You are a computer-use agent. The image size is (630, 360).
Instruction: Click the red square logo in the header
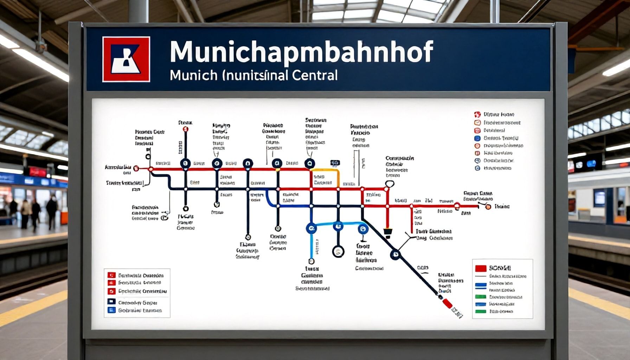[x=126, y=59]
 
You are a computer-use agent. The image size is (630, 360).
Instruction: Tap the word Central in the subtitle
[x=314, y=75]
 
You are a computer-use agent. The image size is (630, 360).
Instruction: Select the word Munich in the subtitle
[x=193, y=75]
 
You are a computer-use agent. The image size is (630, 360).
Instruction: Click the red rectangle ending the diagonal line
[x=447, y=303]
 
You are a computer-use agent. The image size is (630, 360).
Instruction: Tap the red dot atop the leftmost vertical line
[x=186, y=129]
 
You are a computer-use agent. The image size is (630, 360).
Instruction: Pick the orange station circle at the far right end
[x=488, y=207]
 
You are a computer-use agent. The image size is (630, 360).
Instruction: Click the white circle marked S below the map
[x=338, y=251]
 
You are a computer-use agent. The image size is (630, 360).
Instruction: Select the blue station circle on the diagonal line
[x=396, y=255]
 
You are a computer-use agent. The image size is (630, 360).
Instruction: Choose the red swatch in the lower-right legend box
[x=481, y=268]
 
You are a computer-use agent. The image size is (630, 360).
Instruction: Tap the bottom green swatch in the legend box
[x=480, y=311]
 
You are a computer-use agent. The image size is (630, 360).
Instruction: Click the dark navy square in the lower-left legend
[x=111, y=301]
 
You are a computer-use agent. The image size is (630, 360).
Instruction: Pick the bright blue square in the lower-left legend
[x=111, y=310]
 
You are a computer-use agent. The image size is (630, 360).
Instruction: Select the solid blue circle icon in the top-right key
[x=477, y=138]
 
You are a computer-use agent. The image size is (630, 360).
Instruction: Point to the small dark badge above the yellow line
[x=335, y=163]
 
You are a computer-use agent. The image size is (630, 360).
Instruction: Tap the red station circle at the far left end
[x=136, y=169]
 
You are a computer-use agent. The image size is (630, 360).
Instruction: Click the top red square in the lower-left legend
[x=111, y=275]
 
